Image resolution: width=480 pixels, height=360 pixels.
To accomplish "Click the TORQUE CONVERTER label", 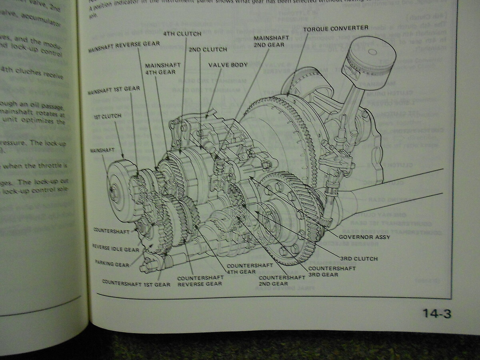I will point(336,28).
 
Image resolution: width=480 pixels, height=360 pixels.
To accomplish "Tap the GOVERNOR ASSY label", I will point(364,236).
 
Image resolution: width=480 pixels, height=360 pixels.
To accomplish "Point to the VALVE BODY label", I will point(228,64).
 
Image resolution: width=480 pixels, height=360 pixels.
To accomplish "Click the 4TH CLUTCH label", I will point(182,34).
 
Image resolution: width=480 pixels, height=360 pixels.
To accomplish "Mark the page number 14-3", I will point(437,314).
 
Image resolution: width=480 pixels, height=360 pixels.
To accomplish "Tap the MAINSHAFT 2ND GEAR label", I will point(269,41).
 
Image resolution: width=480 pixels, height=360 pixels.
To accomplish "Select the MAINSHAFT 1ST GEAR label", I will point(114,90).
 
